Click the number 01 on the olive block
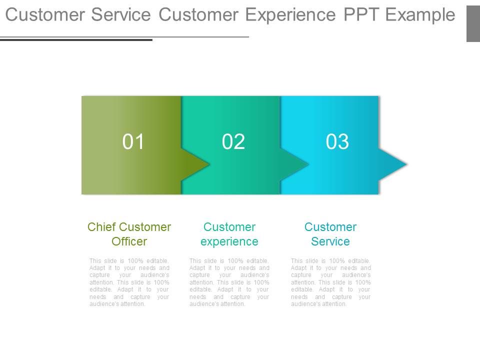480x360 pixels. [x=133, y=142]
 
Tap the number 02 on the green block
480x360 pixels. [x=233, y=142]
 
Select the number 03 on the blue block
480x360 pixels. [x=337, y=142]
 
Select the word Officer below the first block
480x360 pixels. [x=129, y=241]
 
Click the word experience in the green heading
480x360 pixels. [x=229, y=241]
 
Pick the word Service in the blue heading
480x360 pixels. [x=330, y=241]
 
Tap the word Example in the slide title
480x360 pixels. [x=421, y=15]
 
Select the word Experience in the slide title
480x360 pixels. [x=291, y=15]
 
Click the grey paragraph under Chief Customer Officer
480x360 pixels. [x=129, y=282]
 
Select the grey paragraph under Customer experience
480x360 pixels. [x=229, y=282]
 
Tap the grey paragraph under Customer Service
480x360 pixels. [x=330, y=282]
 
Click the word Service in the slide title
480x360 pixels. [x=121, y=15]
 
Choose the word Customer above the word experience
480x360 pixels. [x=229, y=227]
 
